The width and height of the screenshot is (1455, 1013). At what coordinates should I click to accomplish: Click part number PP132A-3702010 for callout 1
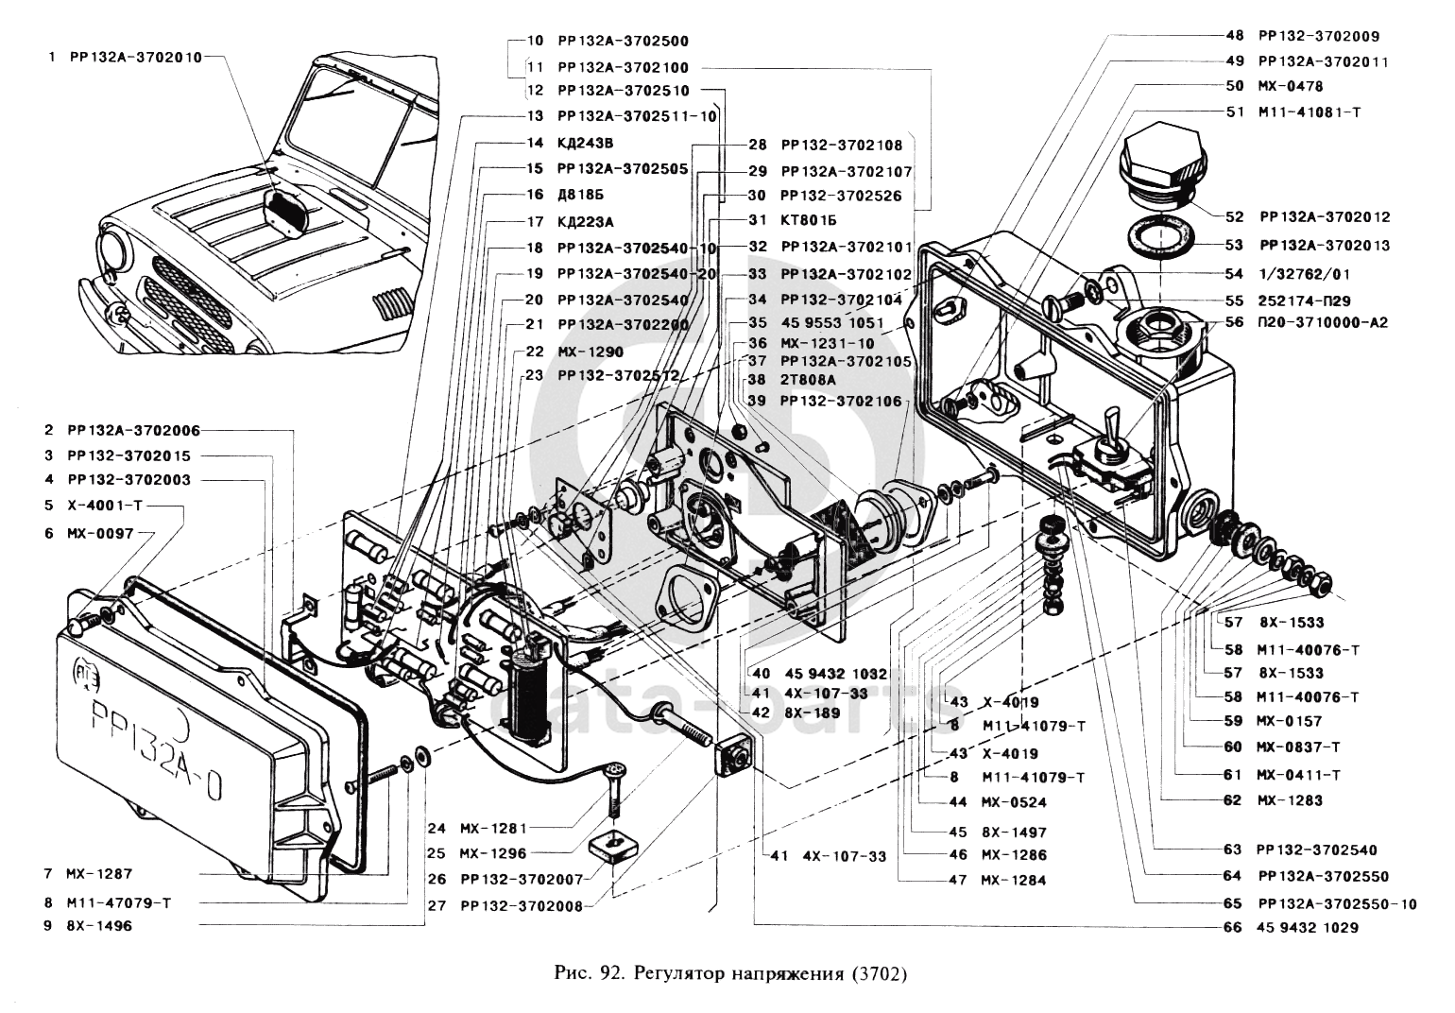pyautogui.click(x=136, y=57)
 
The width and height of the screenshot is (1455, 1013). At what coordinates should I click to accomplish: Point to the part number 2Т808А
pyautogui.click(x=809, y=380)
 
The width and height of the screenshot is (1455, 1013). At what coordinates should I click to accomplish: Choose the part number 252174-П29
pyautogui.click(x=1304, y=300)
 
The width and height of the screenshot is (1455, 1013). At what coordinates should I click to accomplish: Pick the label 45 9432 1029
pyautogui.click(x=1308, y=928)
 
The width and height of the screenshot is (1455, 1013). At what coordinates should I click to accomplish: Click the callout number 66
pyautogui.click(x=1233, y=928)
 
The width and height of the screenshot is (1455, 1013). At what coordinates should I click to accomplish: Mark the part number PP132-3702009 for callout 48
pyautogui.click(x=1319, y=36)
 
